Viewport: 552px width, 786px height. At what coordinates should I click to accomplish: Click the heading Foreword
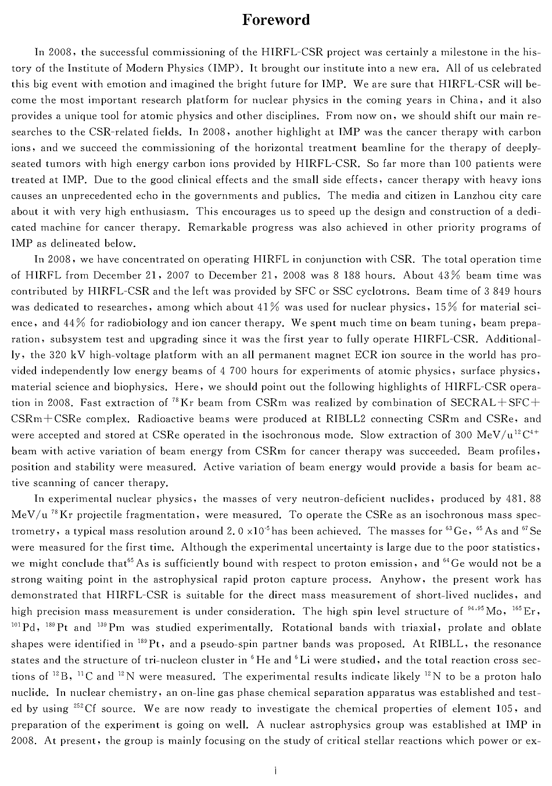click(276, 20)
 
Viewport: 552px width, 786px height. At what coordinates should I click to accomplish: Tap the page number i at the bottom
click(275, 771)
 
